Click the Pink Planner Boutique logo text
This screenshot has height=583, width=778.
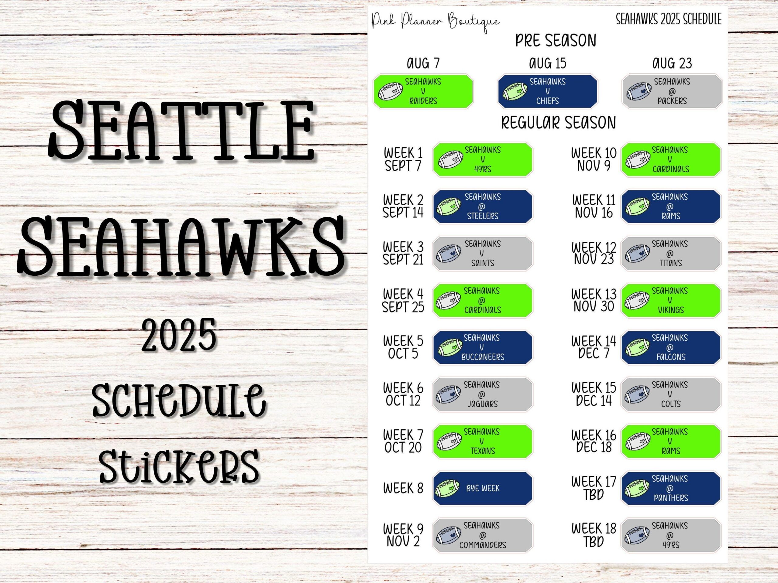pos(435,21)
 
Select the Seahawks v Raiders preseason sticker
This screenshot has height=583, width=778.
pos(423,91)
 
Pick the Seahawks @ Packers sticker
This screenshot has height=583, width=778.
pos(672,91)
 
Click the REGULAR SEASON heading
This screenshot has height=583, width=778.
pos(558,123)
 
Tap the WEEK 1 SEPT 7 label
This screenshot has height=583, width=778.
pos(403,159)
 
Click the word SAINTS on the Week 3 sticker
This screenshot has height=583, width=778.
pos(483,263)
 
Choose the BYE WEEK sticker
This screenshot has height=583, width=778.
pos(482,488)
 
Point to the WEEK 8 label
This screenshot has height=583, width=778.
pos(403,488)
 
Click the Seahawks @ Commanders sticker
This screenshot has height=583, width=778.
pos(482,535)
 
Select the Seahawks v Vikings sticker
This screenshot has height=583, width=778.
pos(670,301)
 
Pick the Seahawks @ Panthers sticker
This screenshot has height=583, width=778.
pos(670,488)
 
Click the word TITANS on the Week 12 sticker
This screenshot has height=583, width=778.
pos(671,263)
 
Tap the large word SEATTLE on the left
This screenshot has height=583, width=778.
pos(181,131)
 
